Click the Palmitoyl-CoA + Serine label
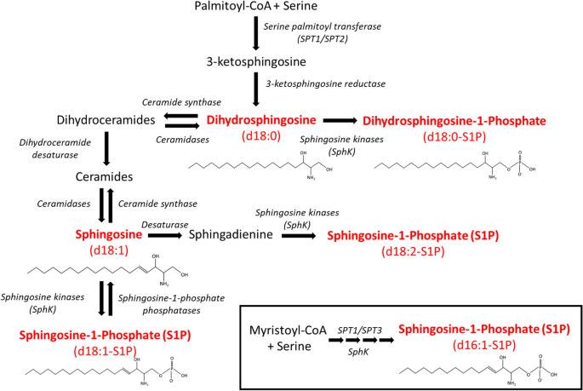tap(256, 9)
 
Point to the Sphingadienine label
tap(234, 233)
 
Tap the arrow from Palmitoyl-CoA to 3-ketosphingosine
tap(256, 35)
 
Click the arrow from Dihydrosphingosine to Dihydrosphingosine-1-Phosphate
tap(340, 120)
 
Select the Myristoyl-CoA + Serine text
tap(278, 337)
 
